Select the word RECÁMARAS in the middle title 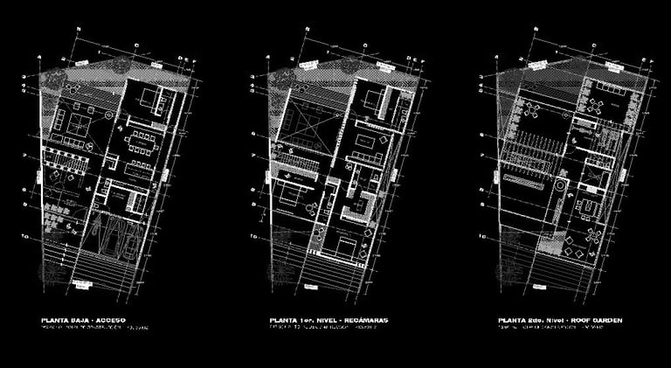coord(365,322)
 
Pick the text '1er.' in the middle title coord(303,322)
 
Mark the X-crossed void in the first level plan coord(301,119)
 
